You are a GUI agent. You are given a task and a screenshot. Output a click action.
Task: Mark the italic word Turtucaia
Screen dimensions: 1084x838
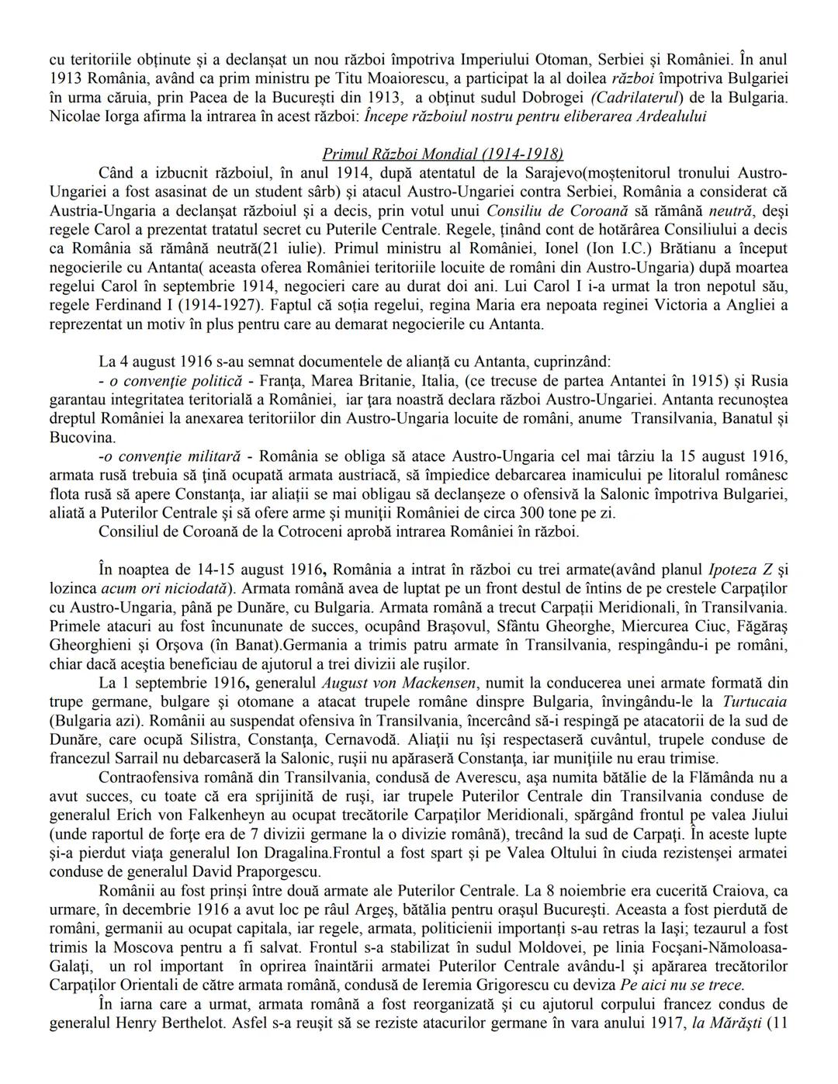coord(753,702)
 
